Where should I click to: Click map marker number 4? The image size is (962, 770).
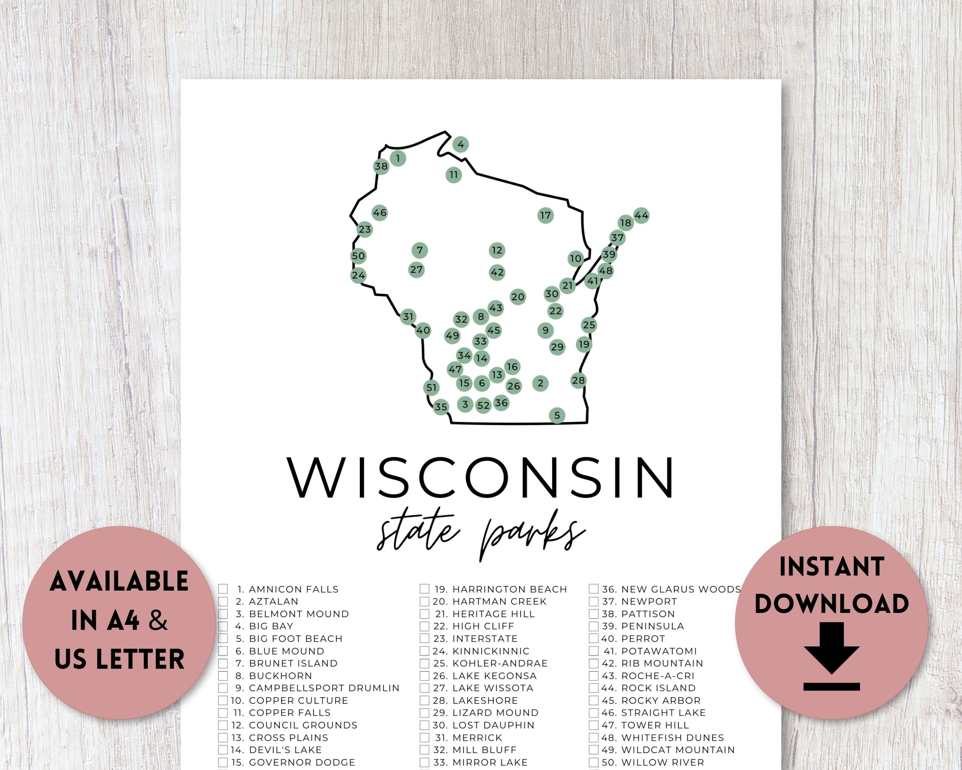pos(461,144)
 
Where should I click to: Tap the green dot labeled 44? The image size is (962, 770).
pos(641,216)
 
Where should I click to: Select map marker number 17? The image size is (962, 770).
pos(545,216)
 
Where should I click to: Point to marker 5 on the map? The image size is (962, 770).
pos(557,415)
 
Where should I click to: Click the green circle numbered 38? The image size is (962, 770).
pos(381,166)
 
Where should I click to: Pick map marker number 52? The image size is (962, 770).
pos(483,405)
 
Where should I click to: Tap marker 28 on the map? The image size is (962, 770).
pos(578,380)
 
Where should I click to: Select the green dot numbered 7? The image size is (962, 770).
pos(419,250)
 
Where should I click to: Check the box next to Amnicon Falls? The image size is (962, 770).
pos(223,589)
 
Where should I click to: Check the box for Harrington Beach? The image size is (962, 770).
pos(424,589)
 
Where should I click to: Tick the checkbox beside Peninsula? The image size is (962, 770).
pos(593,626)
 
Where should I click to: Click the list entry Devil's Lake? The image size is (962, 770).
pos(285,750)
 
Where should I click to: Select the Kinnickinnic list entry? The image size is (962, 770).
pos(491,651)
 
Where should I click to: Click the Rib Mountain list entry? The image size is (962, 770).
pos(662,663)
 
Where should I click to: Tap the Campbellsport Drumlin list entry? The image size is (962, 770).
pos(324,688)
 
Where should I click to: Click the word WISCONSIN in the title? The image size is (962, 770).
pos(480,477)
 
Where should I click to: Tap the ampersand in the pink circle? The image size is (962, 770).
pos(158,621)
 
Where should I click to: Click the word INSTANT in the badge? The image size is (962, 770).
pos(831,566)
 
